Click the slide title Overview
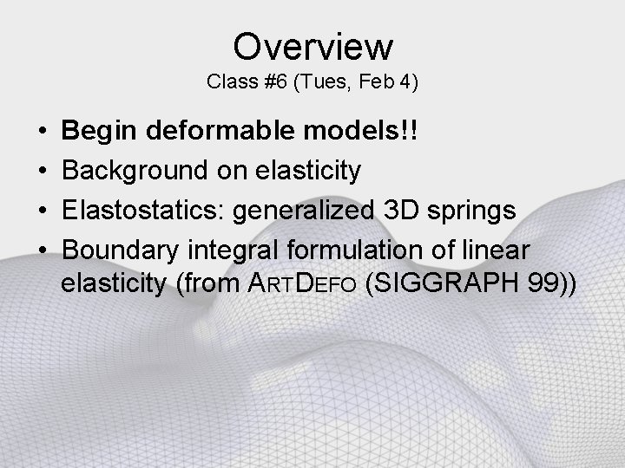pyautogui.click(x=312, y=45)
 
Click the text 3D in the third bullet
pyautogui.click(x=390, y=211)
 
